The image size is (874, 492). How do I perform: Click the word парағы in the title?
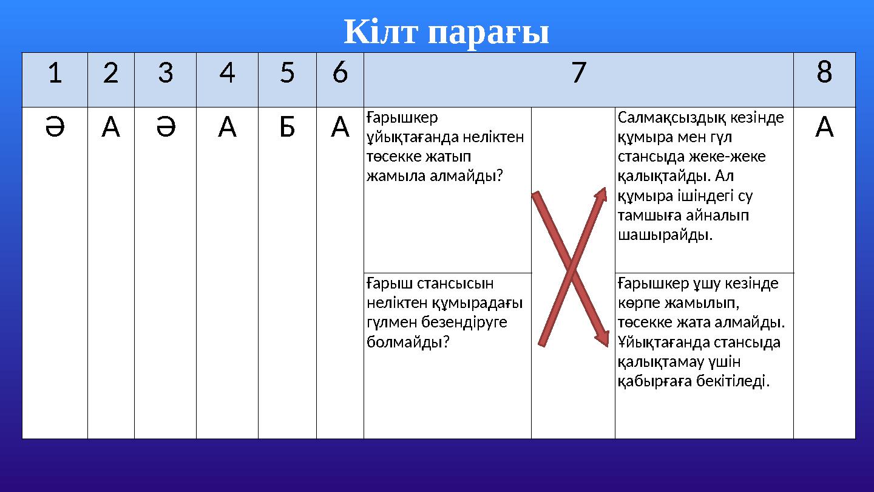[x=489, y=33]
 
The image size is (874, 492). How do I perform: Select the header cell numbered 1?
[x=55, y=73]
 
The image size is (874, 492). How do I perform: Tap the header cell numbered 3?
[x=165, y=73]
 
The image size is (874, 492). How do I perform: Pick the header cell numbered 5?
[x=287, y=73]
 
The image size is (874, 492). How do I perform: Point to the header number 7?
[x=578, y=73]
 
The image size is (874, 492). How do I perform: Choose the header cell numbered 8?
[x=824, y=73]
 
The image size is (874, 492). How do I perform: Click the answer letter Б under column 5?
[x=287, y=127]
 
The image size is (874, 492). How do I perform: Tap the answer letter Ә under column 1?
[x=55, y=127]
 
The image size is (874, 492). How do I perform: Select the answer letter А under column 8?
[x=824, y=127]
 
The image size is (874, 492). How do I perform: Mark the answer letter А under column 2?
[x=110, y=127]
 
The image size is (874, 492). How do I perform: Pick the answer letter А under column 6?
[x=340, y=127]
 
